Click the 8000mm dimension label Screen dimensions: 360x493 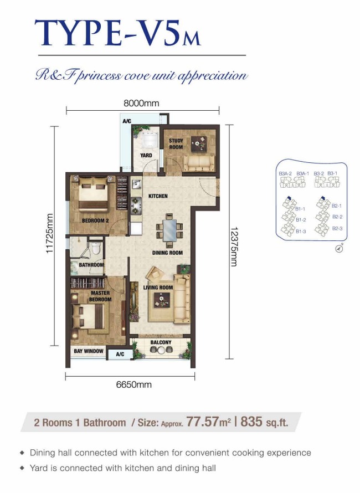point(141,104)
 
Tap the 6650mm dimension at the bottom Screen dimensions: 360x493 point(134,384)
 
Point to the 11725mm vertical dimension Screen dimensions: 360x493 point(49,234)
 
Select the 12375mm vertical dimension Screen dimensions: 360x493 point(234,247)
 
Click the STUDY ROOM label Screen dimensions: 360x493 point(176,144)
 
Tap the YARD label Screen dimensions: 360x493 point(146,155)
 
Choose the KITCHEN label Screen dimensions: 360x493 point(158,196)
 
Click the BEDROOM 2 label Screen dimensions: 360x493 point(95,220)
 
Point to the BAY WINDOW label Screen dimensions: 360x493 point(89,351)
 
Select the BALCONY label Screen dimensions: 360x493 point(161,342)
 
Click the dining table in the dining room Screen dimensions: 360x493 point(170,230)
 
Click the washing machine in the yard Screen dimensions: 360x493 point(150,140)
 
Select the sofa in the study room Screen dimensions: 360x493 point(199,163)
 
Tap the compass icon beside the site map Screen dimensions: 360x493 point(340,248)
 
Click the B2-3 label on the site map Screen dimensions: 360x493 point(337,229)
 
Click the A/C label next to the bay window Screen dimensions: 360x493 point(120,355)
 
